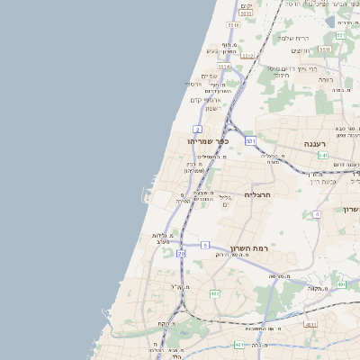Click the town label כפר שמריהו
pos(208,141)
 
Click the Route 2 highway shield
pos(196,130)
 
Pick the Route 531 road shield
pos(251,141)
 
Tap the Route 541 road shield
pos(321,155)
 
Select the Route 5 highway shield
pos(205,245)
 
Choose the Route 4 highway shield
pos(317,213)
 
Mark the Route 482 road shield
pos(214,293)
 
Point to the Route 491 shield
pos(341,284)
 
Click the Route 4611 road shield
pos(310,324)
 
